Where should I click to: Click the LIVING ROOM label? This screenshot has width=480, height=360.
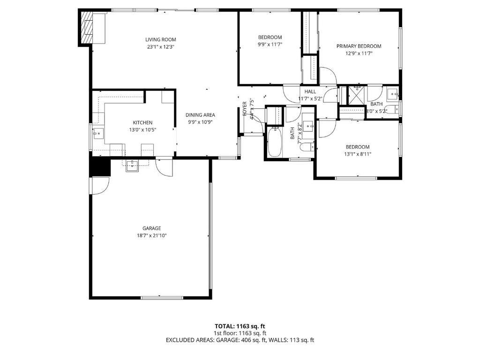click(160, 40)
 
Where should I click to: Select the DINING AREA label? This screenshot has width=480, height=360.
click(200, 115)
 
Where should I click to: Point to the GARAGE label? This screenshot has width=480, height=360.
click(149, 228)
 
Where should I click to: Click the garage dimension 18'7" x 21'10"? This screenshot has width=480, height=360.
click(149, 235)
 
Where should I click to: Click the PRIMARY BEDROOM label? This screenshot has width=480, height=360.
click(359, 46)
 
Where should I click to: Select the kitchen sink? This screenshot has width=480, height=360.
click(98, 134)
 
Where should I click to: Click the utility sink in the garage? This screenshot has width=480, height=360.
click(133, 165)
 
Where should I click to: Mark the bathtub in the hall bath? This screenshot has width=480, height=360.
click(275, 142)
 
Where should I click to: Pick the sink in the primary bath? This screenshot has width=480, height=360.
click(393, 93)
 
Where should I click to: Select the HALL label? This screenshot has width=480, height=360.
click(310, 92)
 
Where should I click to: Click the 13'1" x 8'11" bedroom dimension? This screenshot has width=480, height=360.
click(358, 154)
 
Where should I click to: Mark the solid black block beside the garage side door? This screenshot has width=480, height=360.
click(100, 167)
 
